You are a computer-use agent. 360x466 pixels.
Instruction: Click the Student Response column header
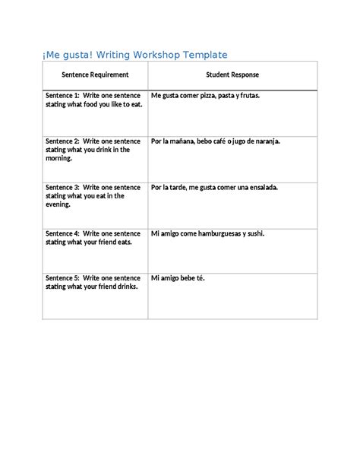[x=232, y=74]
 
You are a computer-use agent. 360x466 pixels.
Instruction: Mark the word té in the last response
[x=200, y=278]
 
